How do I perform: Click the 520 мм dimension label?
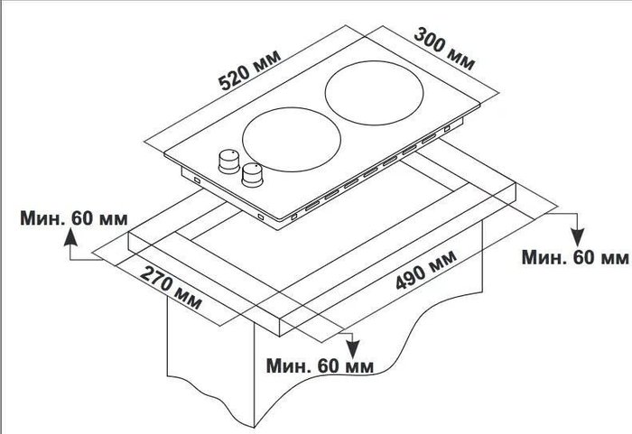click(x=249, y=70)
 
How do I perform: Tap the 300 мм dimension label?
click(x=445, y=49)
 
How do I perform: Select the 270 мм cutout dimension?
click(x=171, y=287)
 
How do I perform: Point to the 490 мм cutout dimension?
click(x=426, y=269)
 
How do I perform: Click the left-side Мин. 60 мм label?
click(x=74, y=218)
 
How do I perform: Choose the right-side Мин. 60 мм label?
click(x=575, y=257)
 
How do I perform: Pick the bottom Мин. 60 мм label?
click(x=320, y=366)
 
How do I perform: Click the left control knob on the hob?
click(x=229, y=162)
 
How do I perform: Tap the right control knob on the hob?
click(x=252, y=175)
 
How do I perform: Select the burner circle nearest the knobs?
click(x=292, y=139)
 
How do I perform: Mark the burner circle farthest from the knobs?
click(x=374, y=93)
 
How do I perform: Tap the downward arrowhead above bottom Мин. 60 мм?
click(x=353, y=349)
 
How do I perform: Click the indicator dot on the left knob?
click(x=233, y=152)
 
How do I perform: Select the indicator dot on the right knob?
click(x=256, y=165)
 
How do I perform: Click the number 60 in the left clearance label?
click(x=83, y=218)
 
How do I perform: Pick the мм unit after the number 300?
click(x=461, y=60)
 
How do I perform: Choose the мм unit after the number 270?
click(x=187, y=299)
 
